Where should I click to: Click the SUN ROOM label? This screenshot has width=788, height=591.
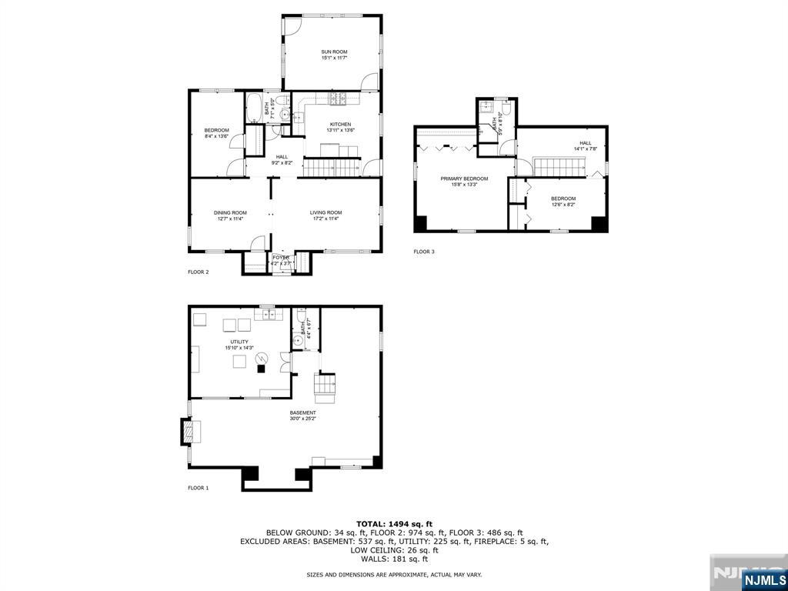tap(334, 52)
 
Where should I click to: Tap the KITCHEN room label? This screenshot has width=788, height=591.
tap(340, 124)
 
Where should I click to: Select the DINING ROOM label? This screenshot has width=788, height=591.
tap(230, 212)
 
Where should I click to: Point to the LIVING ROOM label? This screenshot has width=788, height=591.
tap(326, 212)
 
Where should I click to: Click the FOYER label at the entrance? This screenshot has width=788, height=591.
tap(281, 258)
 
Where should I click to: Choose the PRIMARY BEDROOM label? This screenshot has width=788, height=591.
tap(464, 179)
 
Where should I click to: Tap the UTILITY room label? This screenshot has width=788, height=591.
tap(239, 342)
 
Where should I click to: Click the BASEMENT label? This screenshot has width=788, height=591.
tap(302, 412)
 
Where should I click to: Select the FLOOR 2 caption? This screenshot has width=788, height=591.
tap(199, 272)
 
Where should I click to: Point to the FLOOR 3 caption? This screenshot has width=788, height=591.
tap(424, 252)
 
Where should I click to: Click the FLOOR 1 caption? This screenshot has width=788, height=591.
tap(199, 488)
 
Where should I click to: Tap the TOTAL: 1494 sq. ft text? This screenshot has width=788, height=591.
tap(393, 523)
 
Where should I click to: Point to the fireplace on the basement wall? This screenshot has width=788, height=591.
tap(189, 432)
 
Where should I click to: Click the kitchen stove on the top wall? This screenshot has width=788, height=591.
tap(337, 98)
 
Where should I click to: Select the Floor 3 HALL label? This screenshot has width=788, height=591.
tap(585, 143)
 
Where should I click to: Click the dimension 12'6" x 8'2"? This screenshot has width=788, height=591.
tap(563, 205)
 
